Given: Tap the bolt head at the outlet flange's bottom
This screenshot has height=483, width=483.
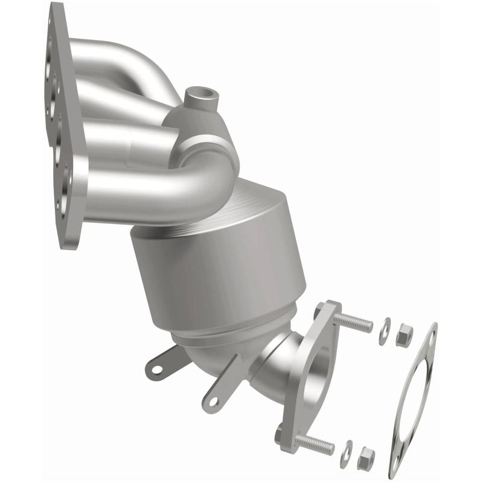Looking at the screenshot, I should (278, 433).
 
